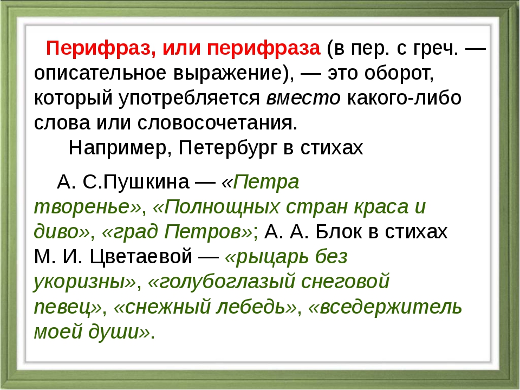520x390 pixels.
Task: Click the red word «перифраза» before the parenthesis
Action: (264, 49)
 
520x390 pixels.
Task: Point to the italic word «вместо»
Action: (303, 98)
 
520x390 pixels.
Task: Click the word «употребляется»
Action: (190, 98)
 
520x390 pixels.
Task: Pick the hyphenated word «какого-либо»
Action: (404, 98)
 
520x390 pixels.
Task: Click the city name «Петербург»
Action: (228, 148)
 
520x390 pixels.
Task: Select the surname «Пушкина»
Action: (146, 182)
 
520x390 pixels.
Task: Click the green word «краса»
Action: (381, 207)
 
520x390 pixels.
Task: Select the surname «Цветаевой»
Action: (141, 256)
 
